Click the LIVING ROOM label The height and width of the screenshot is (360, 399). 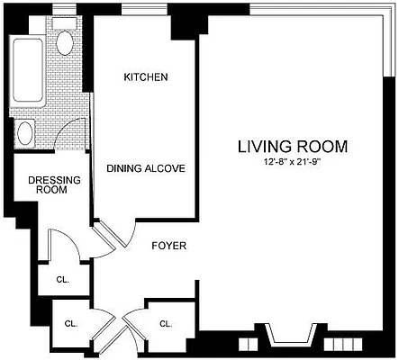292,146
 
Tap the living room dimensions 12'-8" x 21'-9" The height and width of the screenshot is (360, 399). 292,161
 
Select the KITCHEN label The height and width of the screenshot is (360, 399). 146,78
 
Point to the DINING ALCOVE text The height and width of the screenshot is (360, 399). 146,168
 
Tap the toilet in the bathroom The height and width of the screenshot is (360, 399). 65,41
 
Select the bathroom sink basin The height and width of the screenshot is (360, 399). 24,133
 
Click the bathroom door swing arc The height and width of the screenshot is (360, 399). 68,133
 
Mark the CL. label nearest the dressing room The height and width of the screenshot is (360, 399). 61,280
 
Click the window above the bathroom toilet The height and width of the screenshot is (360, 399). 64,12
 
